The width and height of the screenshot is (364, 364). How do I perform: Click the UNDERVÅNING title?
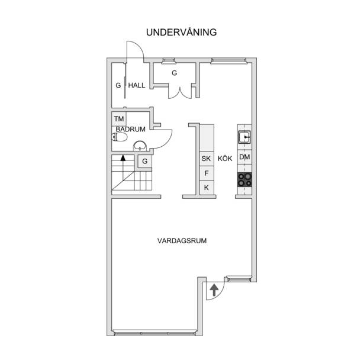point(181,32)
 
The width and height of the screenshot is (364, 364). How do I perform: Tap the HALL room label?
point(137,85)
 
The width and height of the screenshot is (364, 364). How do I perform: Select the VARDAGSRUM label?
point(182,241)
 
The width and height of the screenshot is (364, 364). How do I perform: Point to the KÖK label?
point(225,159)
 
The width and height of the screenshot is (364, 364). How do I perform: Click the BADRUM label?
point(130,129)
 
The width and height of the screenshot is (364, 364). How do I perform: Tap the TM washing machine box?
point(119,119)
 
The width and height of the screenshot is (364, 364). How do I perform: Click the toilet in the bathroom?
point(120,137)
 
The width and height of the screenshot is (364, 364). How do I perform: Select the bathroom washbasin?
point(140,146)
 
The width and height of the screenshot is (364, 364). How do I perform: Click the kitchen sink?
point(244,137)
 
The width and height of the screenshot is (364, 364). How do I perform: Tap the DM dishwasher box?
point(244,157)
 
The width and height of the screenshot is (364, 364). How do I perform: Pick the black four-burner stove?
point(244,180)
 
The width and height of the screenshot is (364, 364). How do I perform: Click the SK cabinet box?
point(207,159)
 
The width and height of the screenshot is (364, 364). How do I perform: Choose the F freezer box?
point(207,173)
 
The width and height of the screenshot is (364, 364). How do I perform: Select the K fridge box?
point(207,188)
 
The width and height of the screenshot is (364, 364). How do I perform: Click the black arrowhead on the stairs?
point(123,158)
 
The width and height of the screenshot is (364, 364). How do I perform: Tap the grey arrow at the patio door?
point(214,291)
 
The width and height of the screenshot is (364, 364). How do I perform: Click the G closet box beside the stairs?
point(144,161)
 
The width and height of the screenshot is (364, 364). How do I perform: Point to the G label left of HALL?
point(118,85)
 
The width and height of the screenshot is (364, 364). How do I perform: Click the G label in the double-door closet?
point(174,73)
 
